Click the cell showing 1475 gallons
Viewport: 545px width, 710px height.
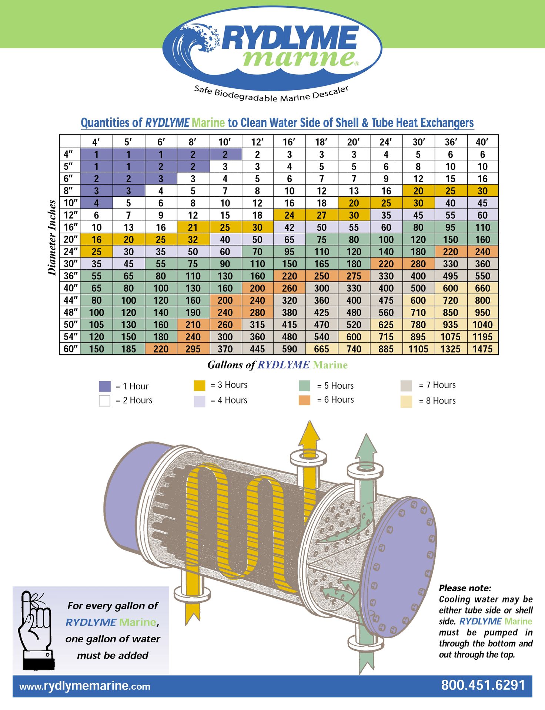(482, 349)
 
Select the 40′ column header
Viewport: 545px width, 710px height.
(482, 142)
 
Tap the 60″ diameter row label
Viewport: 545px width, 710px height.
(70, 349)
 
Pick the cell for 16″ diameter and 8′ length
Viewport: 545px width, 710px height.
(193, 227)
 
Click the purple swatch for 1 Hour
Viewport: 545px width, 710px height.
(105, 386)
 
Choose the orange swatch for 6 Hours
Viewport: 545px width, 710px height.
(304, 400)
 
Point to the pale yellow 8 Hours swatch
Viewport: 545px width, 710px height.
(406, 402)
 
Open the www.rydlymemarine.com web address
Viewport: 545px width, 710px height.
(85, 686)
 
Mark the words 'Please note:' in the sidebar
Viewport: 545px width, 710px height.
(465, 588)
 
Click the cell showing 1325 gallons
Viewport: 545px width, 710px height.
(450, 349)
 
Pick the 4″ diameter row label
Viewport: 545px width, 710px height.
(69, 154)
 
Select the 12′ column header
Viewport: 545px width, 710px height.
(257, 142)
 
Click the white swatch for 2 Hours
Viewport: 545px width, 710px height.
(104, 401)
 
